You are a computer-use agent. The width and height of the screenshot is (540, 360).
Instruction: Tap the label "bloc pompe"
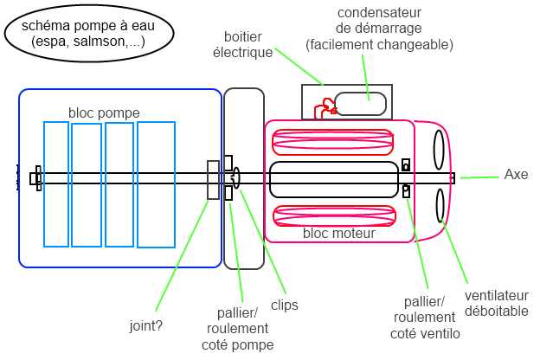[104, 113]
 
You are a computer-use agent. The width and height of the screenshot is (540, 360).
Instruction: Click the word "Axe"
[516, 175]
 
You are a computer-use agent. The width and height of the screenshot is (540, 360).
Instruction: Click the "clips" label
[284, 305]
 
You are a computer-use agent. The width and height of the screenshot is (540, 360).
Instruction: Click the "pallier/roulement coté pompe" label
[237, 328]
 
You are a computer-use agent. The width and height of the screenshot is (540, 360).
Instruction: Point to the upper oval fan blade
[440, 148]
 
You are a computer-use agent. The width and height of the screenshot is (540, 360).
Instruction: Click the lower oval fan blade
[440, 207]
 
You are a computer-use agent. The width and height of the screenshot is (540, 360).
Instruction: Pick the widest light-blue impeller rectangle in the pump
[156, 184]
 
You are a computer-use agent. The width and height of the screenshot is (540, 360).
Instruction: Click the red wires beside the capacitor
[327, 107]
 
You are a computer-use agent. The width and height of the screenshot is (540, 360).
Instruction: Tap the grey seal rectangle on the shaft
[213, 179]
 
